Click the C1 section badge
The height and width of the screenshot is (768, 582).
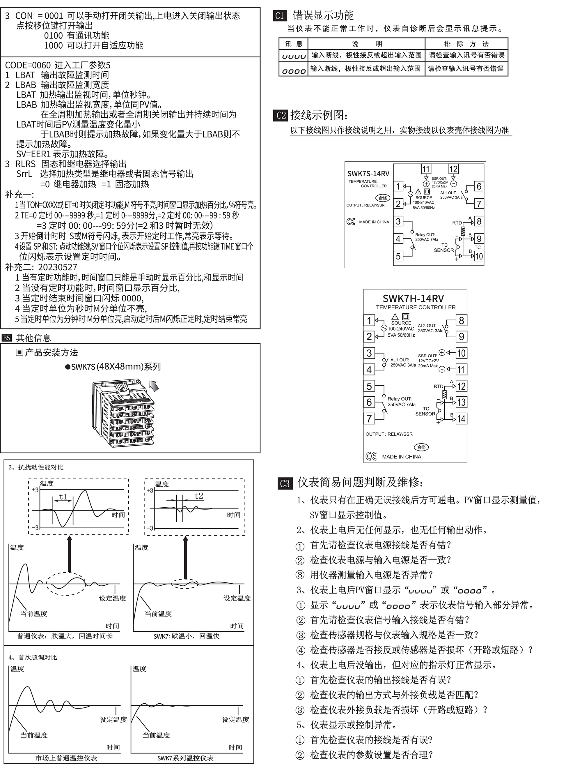pos(280,16)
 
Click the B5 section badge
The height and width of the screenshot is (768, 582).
pos(7,338)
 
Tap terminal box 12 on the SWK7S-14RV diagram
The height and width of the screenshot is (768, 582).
pos(453,169)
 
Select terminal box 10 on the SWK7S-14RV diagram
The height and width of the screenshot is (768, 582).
pos(479,256)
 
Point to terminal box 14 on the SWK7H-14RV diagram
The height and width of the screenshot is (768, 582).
pos(461,419)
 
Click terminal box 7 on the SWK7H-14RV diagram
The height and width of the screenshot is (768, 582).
pos(369,419)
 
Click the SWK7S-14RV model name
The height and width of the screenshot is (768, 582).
pos(368,174)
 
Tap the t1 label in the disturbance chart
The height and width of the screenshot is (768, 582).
pos(63,497)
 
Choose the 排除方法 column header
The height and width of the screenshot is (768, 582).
pos(466,44)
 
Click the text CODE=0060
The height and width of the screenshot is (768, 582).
pos(28,65)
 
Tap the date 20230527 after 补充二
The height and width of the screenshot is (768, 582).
pos(58,267)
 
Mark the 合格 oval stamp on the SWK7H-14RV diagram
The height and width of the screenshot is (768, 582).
pos(421,448)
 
